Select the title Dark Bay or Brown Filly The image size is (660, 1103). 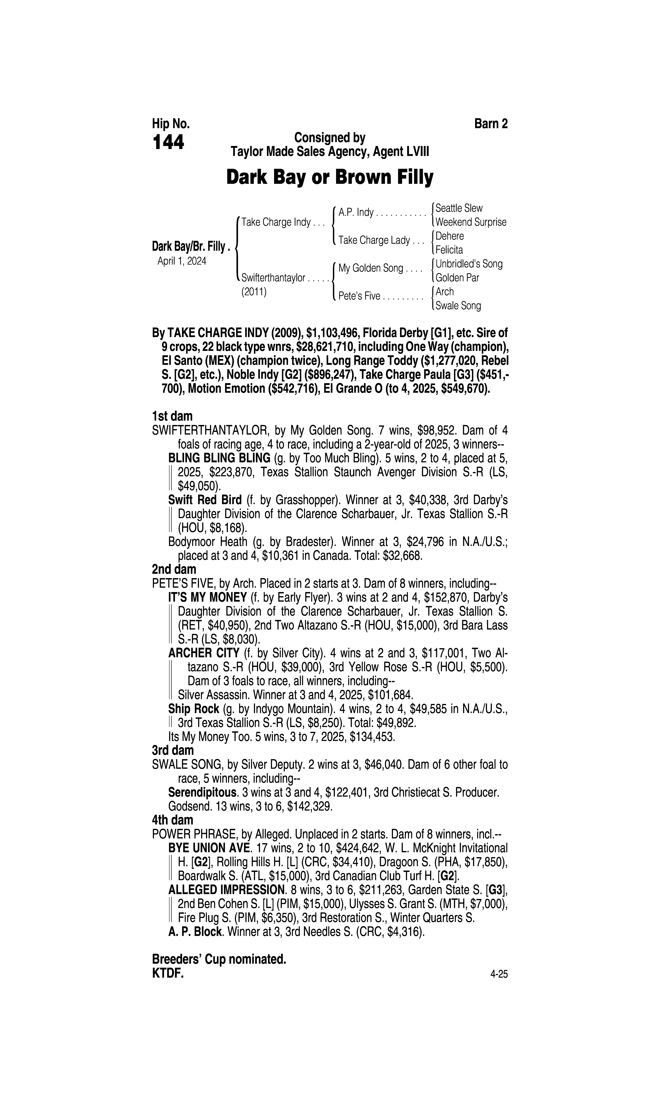(330, 177)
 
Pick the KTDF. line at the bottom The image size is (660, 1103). (168, 973)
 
